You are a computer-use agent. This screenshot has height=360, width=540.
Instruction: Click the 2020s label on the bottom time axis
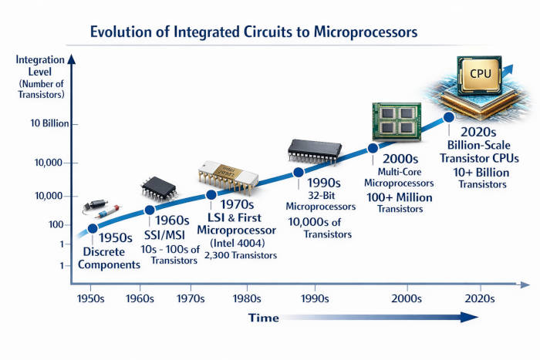[x=480, y=297]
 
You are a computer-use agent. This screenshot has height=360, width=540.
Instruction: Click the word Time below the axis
[x=263, y=317]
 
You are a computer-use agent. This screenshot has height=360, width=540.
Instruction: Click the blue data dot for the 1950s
[x=93, y=228]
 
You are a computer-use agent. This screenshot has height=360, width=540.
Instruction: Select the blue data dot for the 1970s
[x=211, y=194]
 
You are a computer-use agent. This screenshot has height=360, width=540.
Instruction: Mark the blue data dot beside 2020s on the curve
[x=448, y=118]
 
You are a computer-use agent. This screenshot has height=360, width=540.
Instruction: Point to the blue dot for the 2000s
[x=373, y=148]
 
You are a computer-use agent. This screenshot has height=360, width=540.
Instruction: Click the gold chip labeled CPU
[x=477, y=76]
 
